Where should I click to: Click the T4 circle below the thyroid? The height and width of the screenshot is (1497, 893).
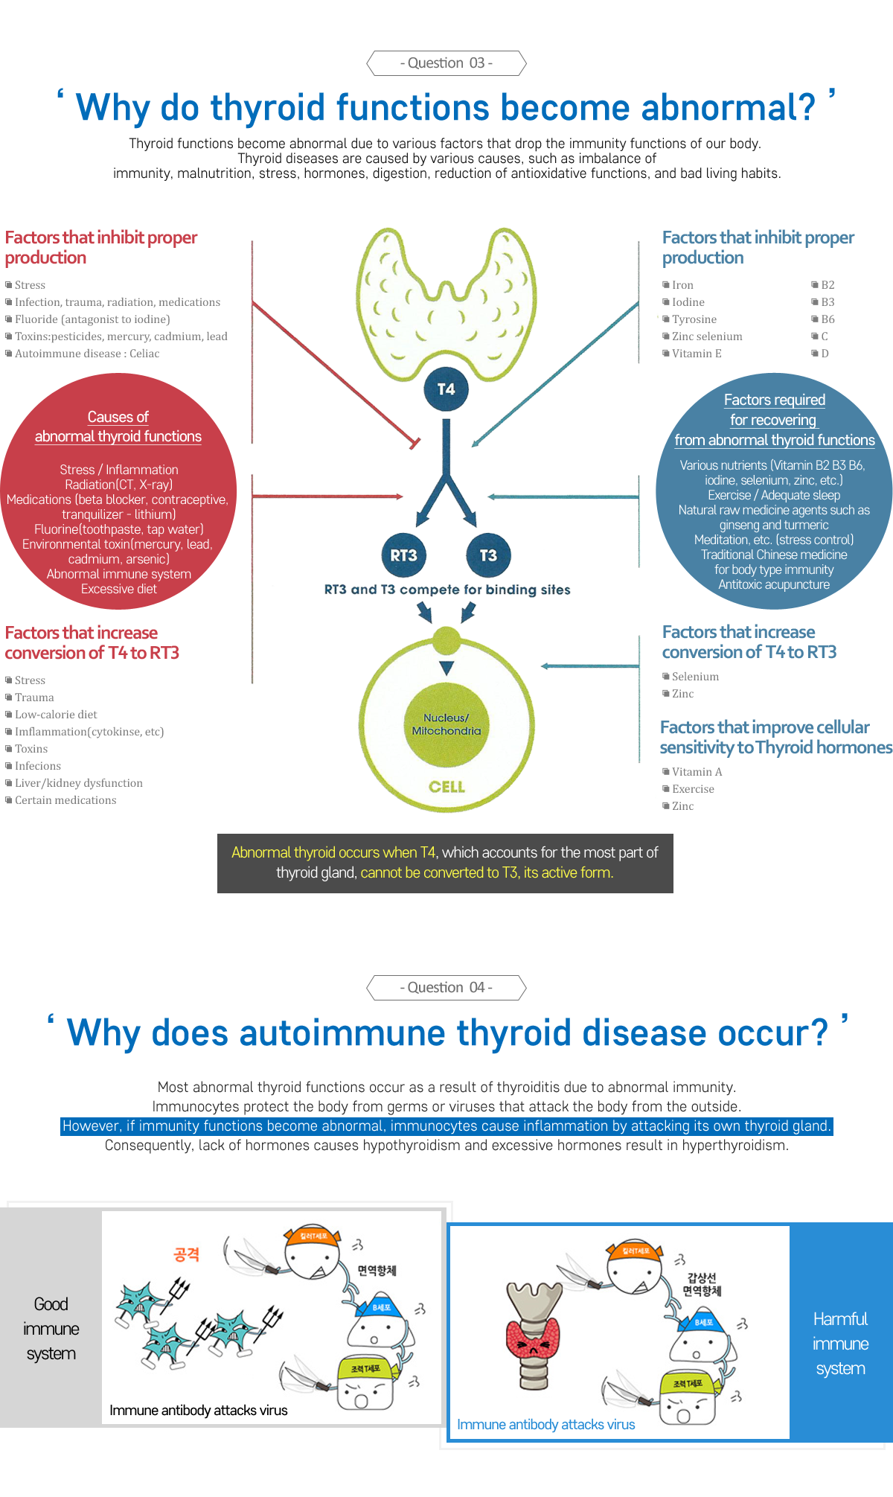pos(446,389)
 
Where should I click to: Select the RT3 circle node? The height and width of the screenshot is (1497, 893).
pos(403,555)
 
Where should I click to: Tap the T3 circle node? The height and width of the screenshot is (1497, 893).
pos(488,555)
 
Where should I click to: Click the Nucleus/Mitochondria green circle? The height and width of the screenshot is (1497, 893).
pos(446,724)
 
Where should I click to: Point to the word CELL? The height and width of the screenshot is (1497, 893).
pos(446,787)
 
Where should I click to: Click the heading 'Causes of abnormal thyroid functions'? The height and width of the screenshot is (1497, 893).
pos(118,427)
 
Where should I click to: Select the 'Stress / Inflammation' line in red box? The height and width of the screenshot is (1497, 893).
pos(119,470)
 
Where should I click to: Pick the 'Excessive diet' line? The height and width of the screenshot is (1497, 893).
pos(119,589)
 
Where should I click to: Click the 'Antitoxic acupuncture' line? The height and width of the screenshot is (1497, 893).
pos(774,584)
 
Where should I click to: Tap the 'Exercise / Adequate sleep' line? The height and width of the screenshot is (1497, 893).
pos(774,495)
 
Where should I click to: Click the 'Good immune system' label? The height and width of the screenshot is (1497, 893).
pos(51,1329)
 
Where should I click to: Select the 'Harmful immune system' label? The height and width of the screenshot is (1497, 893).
pos(840,1344)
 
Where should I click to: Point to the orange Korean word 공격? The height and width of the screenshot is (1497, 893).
pos(186,1255)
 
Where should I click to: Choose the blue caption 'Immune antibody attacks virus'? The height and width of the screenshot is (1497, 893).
pos(545,1424)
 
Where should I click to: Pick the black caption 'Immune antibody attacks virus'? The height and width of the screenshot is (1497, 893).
pos(198,1410)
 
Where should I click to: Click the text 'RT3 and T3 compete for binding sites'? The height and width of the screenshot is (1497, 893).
pos(446,590)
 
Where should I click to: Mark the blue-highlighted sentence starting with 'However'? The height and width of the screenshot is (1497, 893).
pos(446,1126)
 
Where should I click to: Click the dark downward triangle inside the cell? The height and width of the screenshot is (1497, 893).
pos(446,668)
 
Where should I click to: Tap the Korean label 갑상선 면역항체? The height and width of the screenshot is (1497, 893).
pos(702,1284)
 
